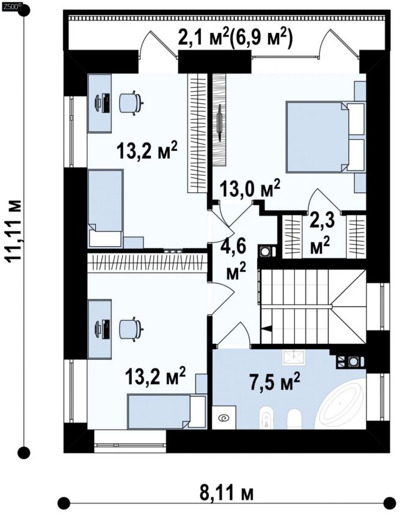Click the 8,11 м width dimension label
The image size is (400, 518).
226,494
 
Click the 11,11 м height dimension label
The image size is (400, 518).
15,231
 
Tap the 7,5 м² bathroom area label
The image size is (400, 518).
275,382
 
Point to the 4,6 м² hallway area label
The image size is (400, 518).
236,260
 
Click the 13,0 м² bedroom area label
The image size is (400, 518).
250,189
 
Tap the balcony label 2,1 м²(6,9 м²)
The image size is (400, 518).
236,38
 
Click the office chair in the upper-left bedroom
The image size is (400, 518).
131,103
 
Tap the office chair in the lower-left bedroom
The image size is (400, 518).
131,329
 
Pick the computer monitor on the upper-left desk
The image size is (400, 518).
98,103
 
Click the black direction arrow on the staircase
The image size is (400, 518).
267,329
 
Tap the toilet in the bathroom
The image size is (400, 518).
294,419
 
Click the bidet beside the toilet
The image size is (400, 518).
266,418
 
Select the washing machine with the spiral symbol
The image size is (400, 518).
224,417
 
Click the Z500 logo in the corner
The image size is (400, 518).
12,5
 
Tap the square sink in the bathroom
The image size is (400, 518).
294,357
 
